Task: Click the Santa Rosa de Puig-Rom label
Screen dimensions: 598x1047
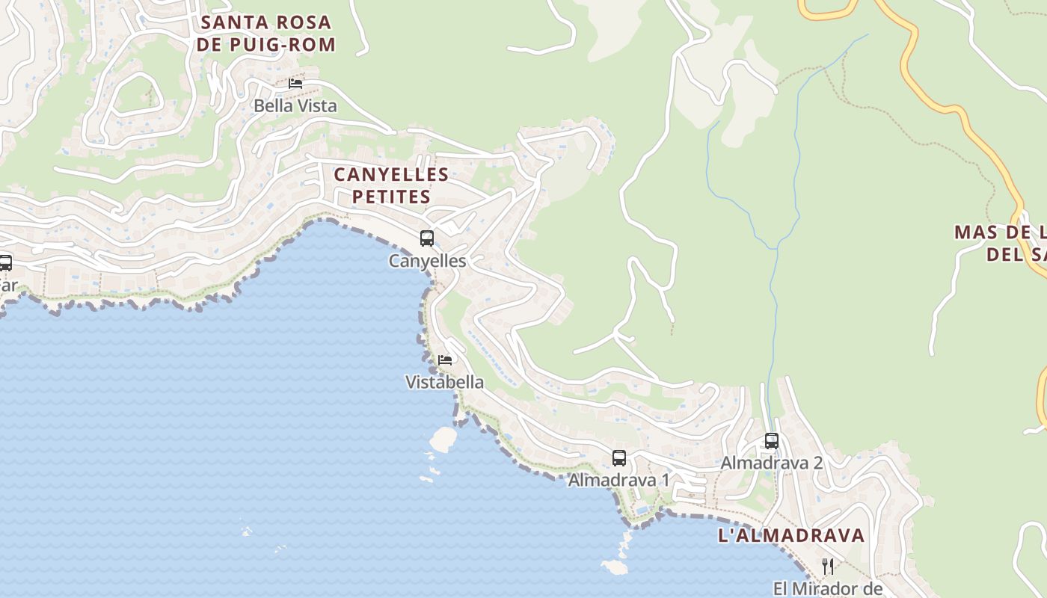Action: [x=266, y=34]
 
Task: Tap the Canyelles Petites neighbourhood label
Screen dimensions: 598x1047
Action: [x=391, y=185]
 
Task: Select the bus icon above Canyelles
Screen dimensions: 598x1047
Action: [x=427, y=238]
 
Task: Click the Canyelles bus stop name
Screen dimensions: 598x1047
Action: [x=427, y=261]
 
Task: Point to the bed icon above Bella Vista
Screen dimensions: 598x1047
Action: [x=295, y=84]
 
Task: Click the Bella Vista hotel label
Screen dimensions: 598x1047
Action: [x=295, y=105]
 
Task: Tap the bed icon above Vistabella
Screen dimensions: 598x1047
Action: [x=445, y=360]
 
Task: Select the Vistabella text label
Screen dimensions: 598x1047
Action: [x=444, y=382]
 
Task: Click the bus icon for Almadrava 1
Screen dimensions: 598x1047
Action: [x=619, y=458]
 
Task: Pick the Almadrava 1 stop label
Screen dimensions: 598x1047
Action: [x=619, y=480]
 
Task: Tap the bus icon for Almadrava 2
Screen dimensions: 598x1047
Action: [x=772, y=441]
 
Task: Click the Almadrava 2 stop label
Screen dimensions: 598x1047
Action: [x=772, y=463]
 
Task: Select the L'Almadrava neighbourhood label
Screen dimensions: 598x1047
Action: [x=791, y=535]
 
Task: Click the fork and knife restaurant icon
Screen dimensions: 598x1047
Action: [x=828, y=567]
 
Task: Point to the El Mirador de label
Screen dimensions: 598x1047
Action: [x=828, y=588]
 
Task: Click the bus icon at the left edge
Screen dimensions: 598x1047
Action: [x=5, y=263]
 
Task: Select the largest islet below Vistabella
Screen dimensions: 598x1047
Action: [x=443, y=439]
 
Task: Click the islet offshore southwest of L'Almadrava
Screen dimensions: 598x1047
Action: [x=615, y=567]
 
